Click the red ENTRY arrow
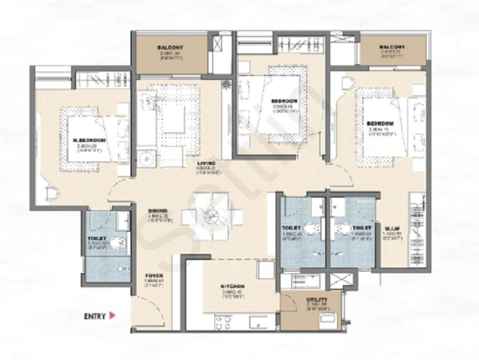click(113, 316)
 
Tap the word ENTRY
click(95, 317)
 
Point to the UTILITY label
click(317, 300)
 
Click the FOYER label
click(153, 276)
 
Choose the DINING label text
click(158, 211)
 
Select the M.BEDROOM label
click(89, 140)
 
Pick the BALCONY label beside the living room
click(170, 47)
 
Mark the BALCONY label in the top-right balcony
click(392, 47)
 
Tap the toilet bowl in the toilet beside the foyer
click(118, 243)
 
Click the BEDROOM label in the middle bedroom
click(284, 101)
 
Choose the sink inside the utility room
click(328, 319)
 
